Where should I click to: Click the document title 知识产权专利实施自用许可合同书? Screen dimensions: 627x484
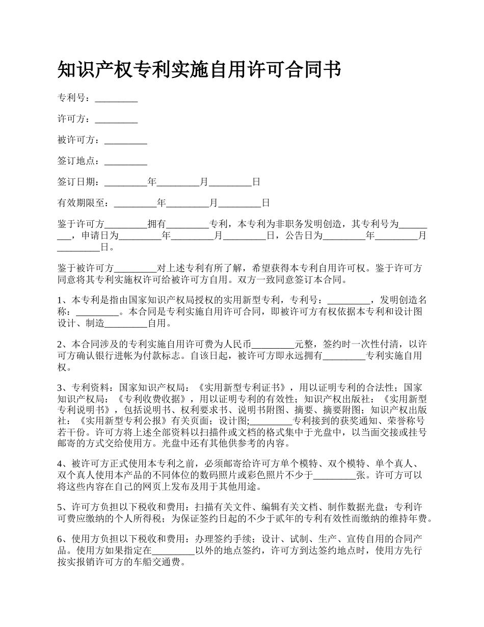pos(199,70)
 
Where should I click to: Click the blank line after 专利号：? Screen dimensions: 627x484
pos(116,98)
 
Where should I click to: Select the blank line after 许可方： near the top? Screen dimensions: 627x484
pos(116,119)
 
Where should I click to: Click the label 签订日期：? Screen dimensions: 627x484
pos(80,182)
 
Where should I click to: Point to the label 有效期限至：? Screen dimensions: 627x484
pos(86,203)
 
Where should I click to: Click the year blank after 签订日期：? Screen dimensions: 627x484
pos(125,182)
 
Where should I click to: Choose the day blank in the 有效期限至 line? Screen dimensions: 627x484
pos(240,203)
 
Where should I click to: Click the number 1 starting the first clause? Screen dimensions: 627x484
pos(60,299)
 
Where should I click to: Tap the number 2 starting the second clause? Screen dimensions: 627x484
pos(60,344)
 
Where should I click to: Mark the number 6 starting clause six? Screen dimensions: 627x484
pos(60,539)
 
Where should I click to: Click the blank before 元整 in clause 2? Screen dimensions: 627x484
pos(273,344)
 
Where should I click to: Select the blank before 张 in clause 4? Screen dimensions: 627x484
pos(334,476)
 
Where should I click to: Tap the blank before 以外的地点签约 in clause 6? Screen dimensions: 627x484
pos(173,551)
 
